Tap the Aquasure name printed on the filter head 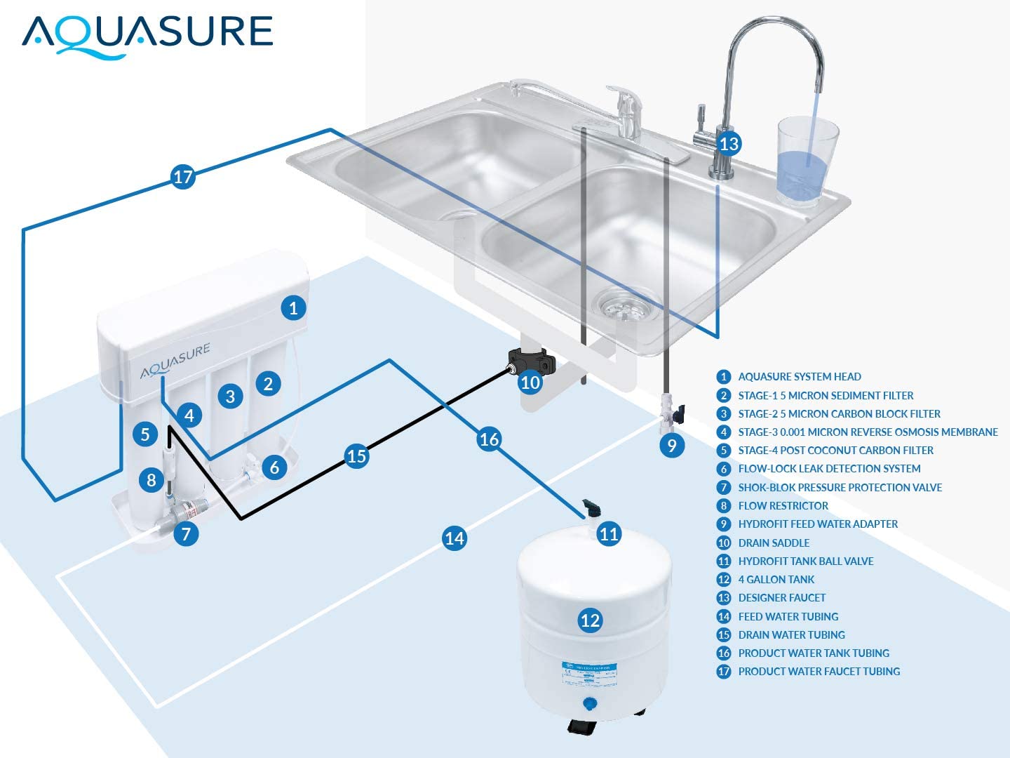(175, 361)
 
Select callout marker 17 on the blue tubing (183, 176)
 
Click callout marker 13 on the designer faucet (729, 144)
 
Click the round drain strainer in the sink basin (626, 306)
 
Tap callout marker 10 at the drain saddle (530, 383)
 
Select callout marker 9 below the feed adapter (672, 445)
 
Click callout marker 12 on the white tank (590, 620)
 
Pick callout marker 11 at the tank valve (609, 534)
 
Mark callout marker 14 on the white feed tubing (454, 538)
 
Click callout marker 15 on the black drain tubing (356, 456)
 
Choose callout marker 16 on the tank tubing (489, 439)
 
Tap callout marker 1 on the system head (293, 307)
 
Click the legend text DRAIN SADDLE (774, 543)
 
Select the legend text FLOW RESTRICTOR (783, 505)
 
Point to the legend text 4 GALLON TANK (776, 579)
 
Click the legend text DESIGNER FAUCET (781, 598)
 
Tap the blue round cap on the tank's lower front (590, 703)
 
